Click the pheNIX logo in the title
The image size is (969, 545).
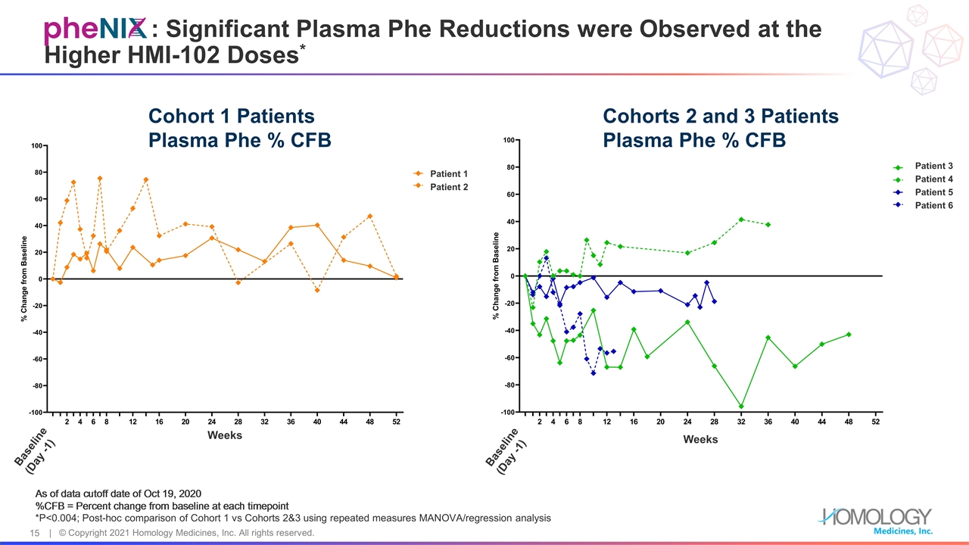pos(95,30)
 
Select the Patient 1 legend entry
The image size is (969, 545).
pos(449,174)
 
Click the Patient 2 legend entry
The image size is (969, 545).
pos(449,187)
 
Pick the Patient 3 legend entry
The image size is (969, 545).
pos(933,167)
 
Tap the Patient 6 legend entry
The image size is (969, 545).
pos(933,205)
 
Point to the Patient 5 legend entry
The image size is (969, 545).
pos(933,192)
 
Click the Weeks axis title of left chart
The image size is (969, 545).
pos(225,434)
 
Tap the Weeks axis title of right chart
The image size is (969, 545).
pos(700,439)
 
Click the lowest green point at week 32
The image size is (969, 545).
pos(741,406)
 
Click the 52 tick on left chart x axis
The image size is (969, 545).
pos(396,422)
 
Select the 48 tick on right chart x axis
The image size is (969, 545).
pos(849,422)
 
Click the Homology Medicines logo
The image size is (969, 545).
pos(876,520)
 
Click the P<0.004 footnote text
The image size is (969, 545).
pos(293,518)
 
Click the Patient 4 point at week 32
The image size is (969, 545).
pos(741,220)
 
